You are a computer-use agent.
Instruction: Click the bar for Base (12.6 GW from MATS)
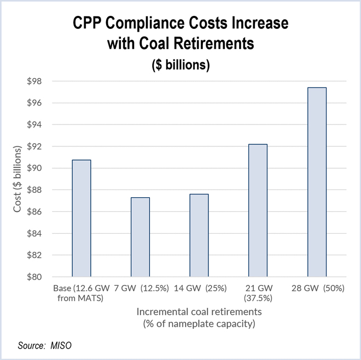[81, 219]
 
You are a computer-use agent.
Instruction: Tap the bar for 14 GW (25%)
[199, 235]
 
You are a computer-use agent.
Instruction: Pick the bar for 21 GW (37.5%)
[258, 210]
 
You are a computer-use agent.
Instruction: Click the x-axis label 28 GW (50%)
[317, 288]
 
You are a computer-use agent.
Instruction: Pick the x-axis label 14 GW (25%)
[199, 288]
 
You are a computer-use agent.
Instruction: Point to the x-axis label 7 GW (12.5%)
[140, 288]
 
